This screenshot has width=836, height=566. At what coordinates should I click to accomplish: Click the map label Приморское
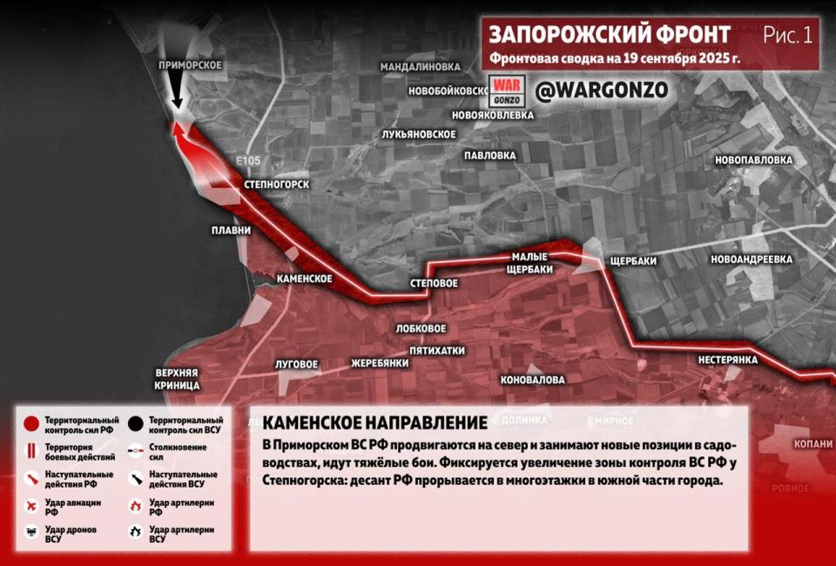click(x=191, y=65)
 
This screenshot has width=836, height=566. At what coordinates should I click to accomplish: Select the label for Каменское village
click(x=304, y=279)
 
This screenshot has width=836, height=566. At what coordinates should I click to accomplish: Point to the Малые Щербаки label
click(x=530, y=263)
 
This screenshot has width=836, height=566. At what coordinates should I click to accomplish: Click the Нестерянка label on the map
click(x=728, y=360)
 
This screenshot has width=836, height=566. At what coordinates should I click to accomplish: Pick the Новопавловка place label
click(x=753, y=160)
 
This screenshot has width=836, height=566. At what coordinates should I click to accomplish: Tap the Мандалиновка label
click(x=420, y=66)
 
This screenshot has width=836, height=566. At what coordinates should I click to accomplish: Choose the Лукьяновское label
click(x=419, y=134)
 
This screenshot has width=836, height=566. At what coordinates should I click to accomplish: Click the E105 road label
click(x=248, y=161)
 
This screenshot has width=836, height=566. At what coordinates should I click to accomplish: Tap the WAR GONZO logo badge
click(x=507, y=91)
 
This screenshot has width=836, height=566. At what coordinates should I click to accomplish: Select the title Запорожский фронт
click(x=610, y=35)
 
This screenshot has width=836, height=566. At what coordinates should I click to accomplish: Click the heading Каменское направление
click(x=374, y=423)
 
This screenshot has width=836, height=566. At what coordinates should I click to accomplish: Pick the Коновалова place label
click(x=532, y=380)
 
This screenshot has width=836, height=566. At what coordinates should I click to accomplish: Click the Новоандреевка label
click(x=751, y=259)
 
